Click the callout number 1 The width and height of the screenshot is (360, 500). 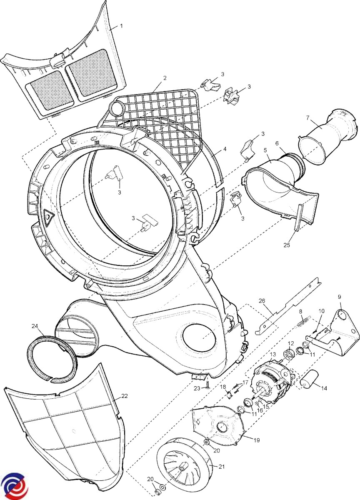pyautogui.click(x=121, y=26)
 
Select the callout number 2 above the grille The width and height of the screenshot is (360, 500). pyautogui.click(x=165, y=78)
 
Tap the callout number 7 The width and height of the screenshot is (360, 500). pyautogui.click(x=308, y=117)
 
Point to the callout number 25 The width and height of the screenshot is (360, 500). pyautogui.click(x=286, y=245)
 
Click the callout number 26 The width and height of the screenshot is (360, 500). pyautogui.click(x=262, y=300)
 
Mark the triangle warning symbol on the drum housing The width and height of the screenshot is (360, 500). pyautogui.click(x=48, y=216)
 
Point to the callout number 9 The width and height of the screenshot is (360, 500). pyautogui.click(x=339, y=297)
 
